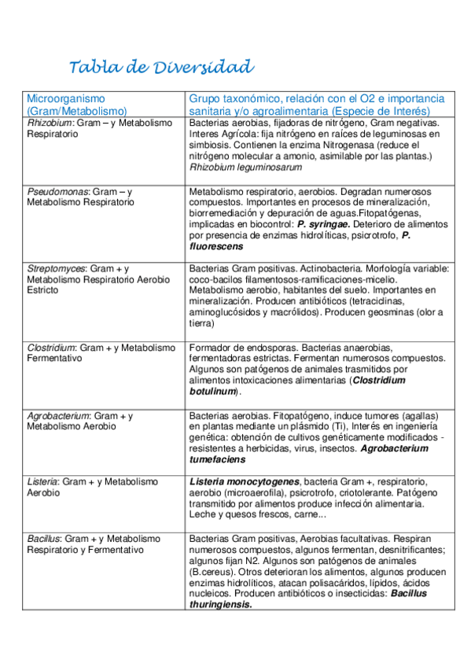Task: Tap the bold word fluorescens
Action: [x=215, y=246]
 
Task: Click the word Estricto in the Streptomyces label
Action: [x=42, y=290]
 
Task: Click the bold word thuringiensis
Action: [x=220, y=605]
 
